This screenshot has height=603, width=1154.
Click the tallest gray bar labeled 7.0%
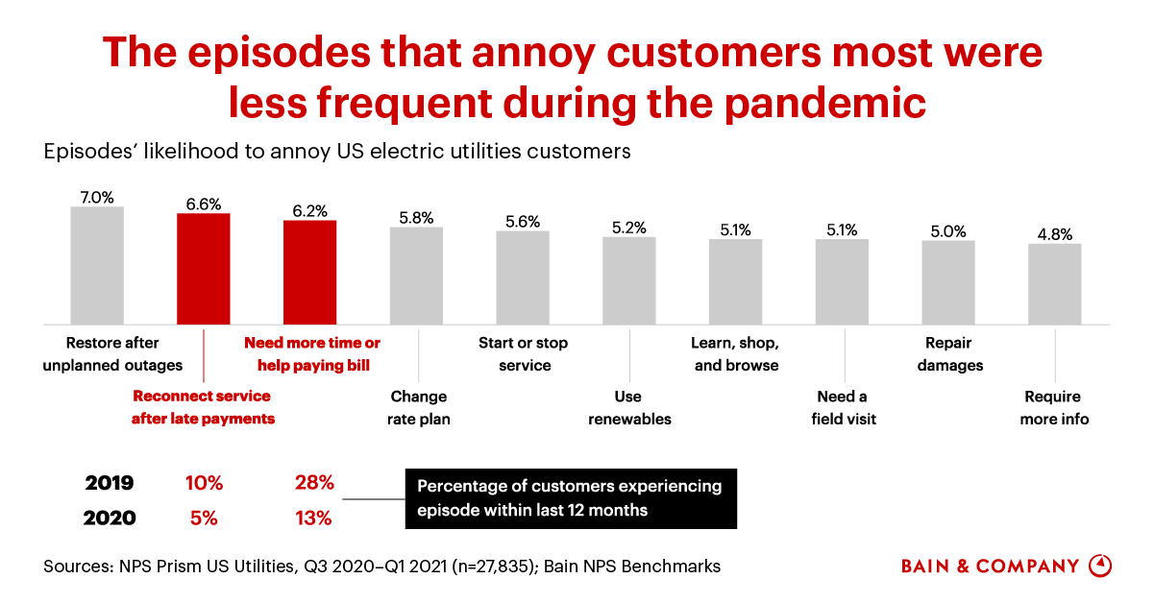tap(97, 265)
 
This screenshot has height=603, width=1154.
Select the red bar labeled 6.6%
tap(204, 269)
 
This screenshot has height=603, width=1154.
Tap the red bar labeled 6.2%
tap(309, 272)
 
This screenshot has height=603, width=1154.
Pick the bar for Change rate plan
tap(416, 276)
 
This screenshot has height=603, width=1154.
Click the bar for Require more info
tap(1054, 284)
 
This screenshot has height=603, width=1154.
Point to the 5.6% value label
tap(523, 221)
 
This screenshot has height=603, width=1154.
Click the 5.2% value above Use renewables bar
tap(628, 228)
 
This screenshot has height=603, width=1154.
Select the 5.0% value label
tap(948, 230)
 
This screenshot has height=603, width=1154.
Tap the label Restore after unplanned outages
tap(112, 353)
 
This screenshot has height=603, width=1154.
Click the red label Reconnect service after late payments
tap(204, 407)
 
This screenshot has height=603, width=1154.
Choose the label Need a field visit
tap(843, 407)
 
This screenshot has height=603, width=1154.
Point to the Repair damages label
tap(949, 353)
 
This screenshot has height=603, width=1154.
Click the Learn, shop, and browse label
tap(735, 353)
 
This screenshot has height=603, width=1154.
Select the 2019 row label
tap(110, 483)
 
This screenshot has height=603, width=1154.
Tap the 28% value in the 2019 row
tap(313, 483)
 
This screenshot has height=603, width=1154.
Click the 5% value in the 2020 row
tap(204, 518)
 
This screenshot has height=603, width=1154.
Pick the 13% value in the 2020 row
tap(313, 518)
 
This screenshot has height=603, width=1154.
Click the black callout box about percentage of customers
tap(571, 498)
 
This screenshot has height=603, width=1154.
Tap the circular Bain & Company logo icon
tap(1100, 566)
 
